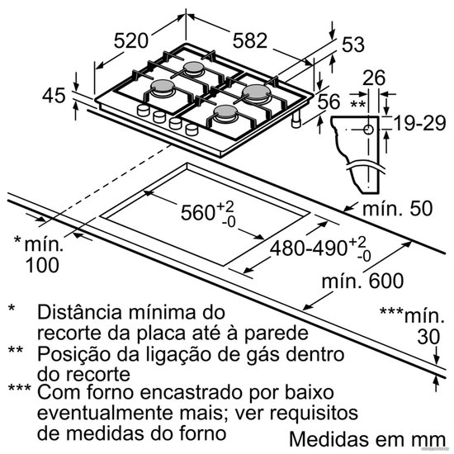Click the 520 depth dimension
click(131, 40)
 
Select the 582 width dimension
click(250, 40)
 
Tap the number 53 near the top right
click(353, 45)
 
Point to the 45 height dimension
click(54, 96)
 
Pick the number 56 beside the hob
click(329, 102)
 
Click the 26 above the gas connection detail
click(374, 78)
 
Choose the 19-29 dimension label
click(419, 123)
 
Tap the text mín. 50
click(398, 208)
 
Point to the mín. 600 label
click(362, 281)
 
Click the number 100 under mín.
click(42, 265)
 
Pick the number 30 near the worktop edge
click(428, 337)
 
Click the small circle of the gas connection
click(368, 130)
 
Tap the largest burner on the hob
click(257, 92)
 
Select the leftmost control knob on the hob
click(144, 111)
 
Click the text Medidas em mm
click(367, 439)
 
